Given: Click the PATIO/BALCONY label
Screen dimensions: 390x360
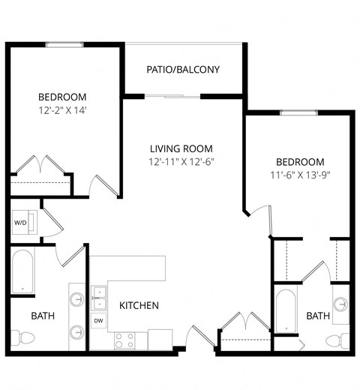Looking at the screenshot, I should point(184,70).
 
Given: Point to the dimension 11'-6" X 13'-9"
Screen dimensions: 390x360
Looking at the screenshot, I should point(300,175).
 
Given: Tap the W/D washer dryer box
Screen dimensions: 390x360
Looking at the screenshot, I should point(21,223).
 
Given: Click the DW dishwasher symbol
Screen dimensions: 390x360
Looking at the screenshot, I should point(98,320).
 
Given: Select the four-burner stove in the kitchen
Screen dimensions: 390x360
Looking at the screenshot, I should point(124,340).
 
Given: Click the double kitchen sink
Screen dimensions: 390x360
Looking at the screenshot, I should point(99,297).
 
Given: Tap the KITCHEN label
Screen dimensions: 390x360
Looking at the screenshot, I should point(139,306).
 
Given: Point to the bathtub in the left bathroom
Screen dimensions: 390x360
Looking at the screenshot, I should point(22,271).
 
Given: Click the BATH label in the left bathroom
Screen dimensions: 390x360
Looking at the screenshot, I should point(43,316).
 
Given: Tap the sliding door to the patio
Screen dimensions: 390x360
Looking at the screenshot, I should point(173,96).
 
